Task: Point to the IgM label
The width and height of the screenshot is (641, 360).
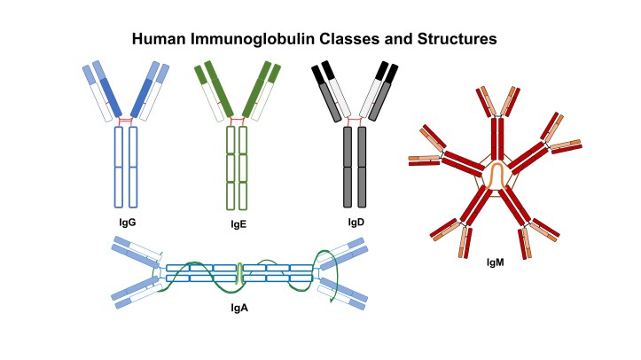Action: [x=497, y=262]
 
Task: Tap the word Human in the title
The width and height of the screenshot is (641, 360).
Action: [x=156, y=40]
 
